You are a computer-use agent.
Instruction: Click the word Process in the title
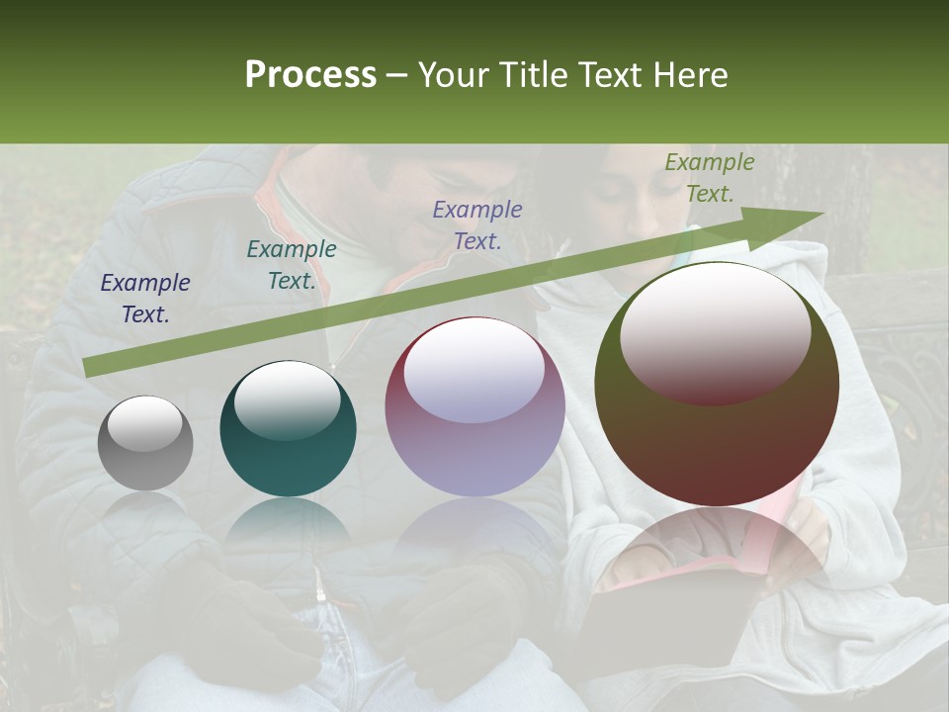[310, 75]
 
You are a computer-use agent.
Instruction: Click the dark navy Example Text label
[145, 299]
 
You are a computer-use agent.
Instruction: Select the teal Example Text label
[292, 265]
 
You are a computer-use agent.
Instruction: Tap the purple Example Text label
[477, 224]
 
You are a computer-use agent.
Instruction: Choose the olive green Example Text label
[709, 178]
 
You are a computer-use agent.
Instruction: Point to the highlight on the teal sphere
[287, 398]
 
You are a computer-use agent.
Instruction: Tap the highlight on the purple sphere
[474, 370]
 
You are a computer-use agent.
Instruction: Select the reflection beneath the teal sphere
[288, 524]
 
